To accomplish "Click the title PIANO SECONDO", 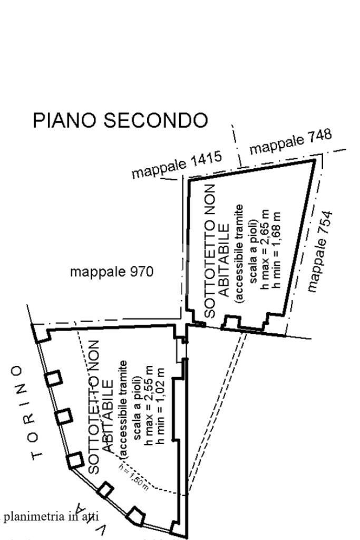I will (x=120, y=120).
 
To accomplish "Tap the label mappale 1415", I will (x=177, y=165).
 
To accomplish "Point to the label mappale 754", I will (x=321, y=251).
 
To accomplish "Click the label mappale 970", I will (x=112, y=272).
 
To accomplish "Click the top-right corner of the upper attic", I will (x=315, y=159).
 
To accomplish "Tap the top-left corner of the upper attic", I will (x=189, y=180).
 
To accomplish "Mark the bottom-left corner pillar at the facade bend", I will (x=75, y=461).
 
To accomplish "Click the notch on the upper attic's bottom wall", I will (x=232, y=321).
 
